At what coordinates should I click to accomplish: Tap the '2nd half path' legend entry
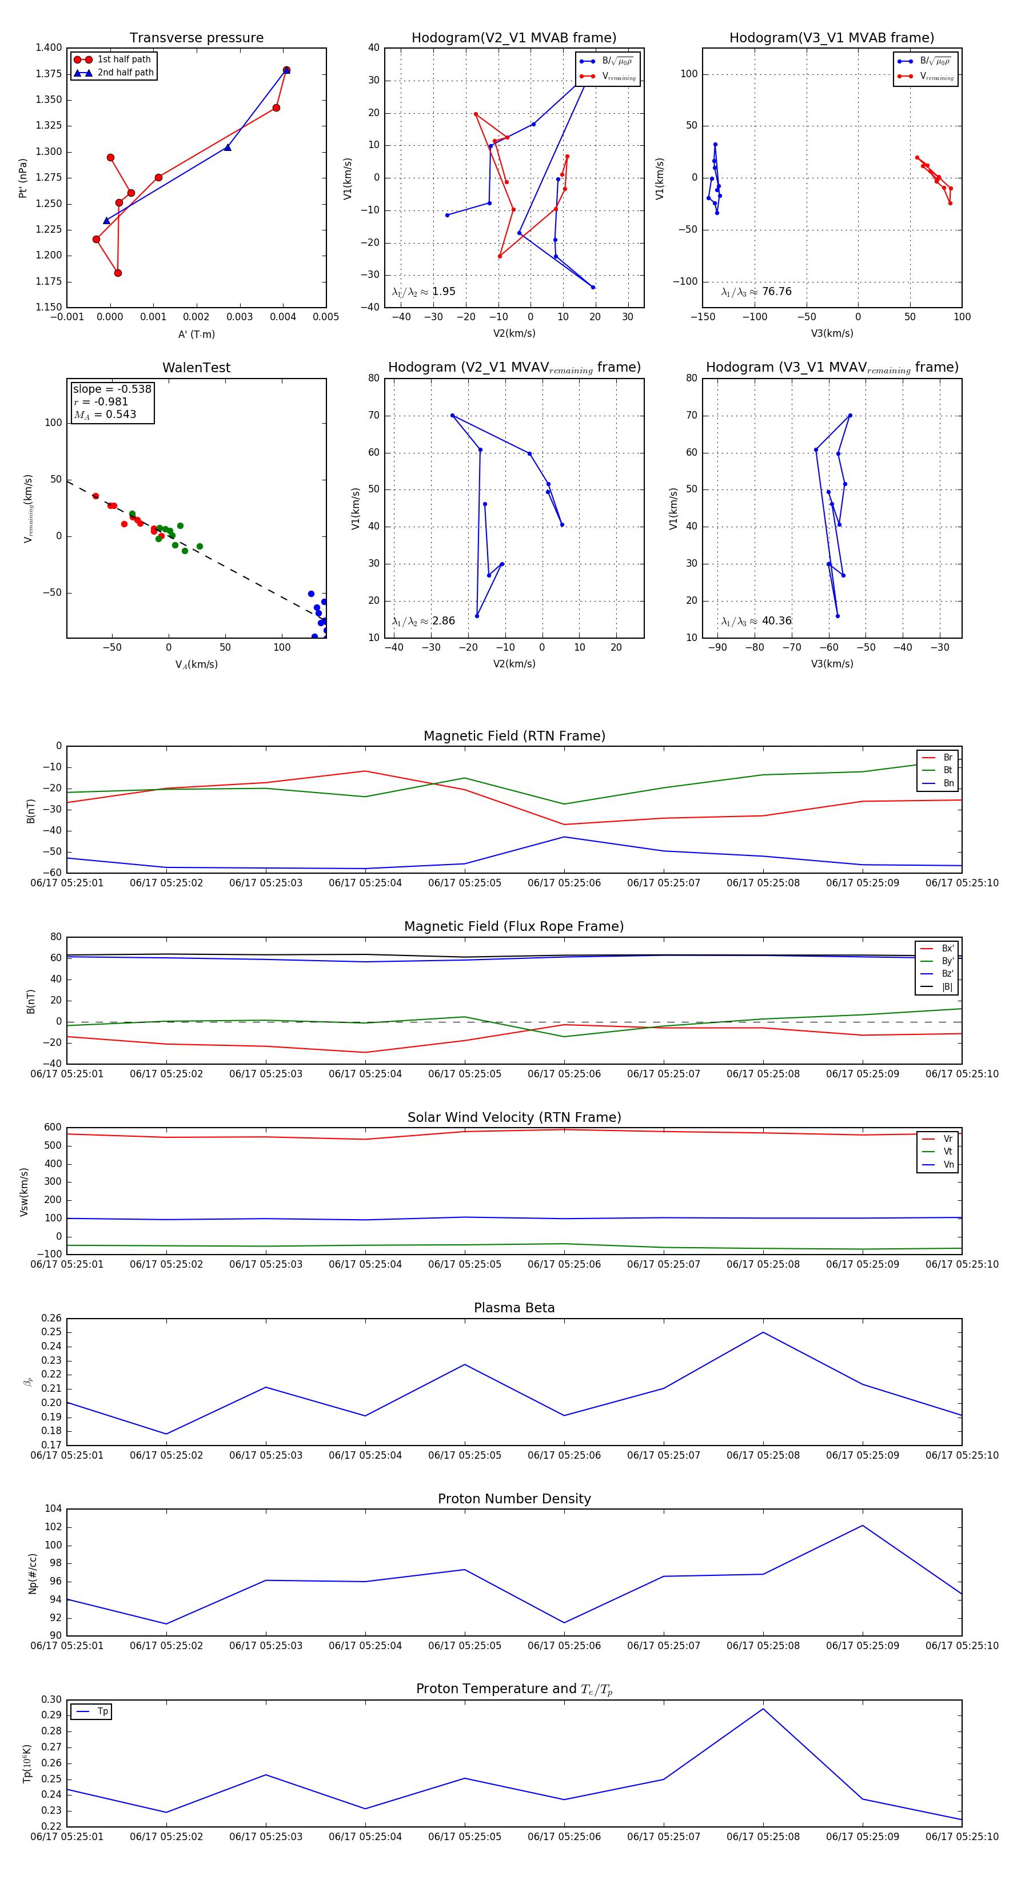[125, 73]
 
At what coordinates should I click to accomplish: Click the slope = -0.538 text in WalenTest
[111, 389]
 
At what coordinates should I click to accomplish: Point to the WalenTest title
[196, 368]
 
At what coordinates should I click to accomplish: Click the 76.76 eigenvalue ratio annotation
[776, 292]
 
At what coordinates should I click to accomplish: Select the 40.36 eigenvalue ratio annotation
[776, 621]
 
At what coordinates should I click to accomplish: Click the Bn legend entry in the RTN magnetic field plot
[948, 783]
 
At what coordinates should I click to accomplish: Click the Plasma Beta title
[514, 1308]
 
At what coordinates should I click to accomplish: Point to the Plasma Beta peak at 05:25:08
[763, 1332]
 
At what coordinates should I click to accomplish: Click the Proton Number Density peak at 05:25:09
[863, 1526]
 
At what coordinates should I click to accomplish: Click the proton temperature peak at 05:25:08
[763, 1709]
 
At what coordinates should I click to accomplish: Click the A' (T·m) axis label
[196, 335]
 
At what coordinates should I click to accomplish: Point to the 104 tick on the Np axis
[53, 1508]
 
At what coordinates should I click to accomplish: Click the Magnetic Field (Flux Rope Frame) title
[514, 927]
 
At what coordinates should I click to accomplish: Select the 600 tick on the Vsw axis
[53, 1128]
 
